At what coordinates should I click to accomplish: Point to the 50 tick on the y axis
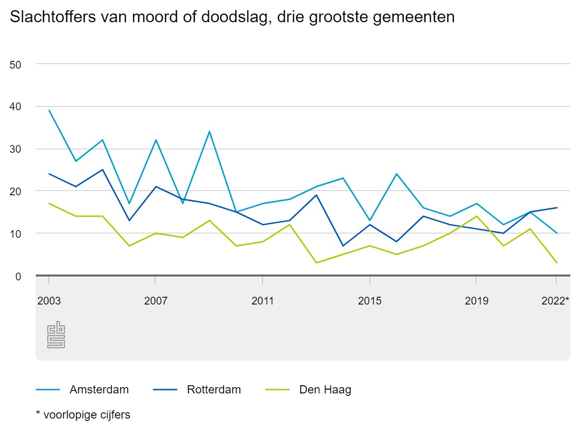coord(16,64)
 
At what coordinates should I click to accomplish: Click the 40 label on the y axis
coord(16,107)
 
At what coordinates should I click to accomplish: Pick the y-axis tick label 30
coord(16,149)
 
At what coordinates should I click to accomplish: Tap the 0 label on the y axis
coord(18,276)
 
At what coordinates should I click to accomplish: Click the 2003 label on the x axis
coord(49,301)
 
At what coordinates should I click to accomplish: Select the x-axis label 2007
coord(156,301)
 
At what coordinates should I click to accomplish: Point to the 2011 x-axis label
coord(262,301)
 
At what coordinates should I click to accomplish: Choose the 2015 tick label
coord(370,301)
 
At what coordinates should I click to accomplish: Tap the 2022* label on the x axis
coord(555,301)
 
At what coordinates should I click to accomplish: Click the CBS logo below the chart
coord(56,335)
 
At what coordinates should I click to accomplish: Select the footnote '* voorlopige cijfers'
coord(83,415)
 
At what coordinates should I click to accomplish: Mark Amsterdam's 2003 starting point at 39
coord(49,110)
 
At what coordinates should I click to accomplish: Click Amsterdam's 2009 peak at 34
coord(209,131)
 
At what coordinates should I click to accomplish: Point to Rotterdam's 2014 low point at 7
coord(343,246)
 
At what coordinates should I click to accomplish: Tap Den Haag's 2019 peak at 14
coord(477,216)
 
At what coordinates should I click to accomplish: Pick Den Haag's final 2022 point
coord(557,263)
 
